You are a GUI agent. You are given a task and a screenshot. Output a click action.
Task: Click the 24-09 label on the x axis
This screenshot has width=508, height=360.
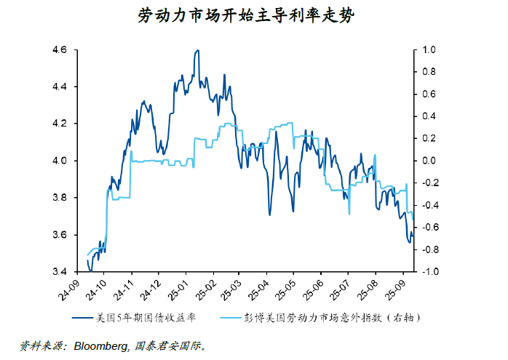(74, 289)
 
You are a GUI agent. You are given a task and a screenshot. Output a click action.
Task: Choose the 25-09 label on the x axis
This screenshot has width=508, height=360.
(393, 289)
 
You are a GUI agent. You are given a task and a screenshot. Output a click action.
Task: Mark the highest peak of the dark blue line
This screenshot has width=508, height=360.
(197, 50)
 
